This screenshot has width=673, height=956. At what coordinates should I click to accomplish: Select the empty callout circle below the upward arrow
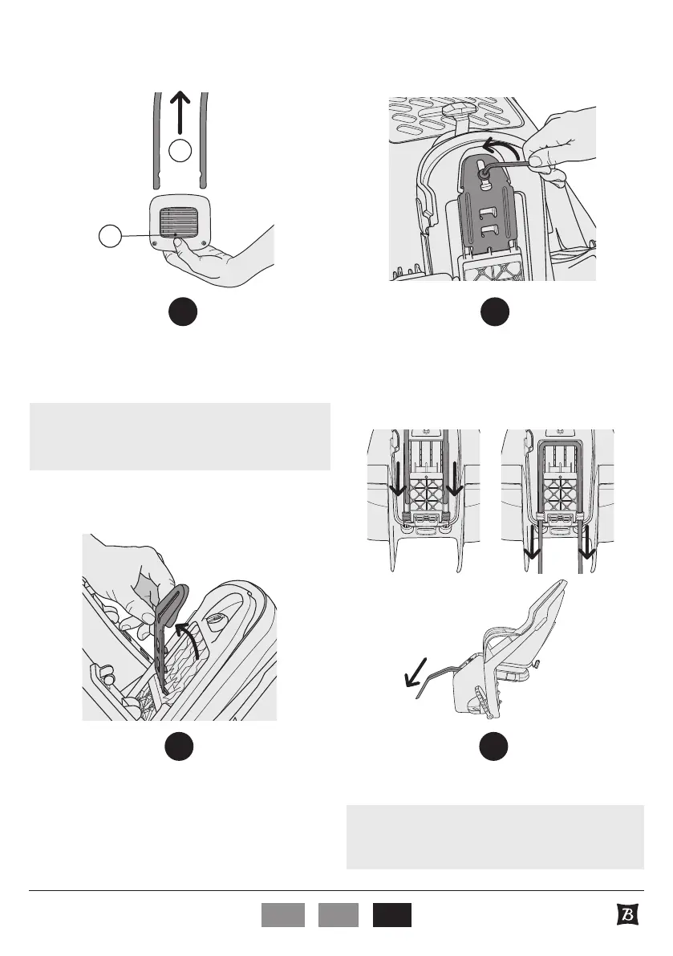click(181, 150)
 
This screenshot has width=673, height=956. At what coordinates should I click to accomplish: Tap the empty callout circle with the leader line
click(110, 236)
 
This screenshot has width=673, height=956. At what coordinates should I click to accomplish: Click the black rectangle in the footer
click(391, 915)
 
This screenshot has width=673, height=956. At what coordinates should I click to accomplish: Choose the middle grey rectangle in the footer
click(337, 915)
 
